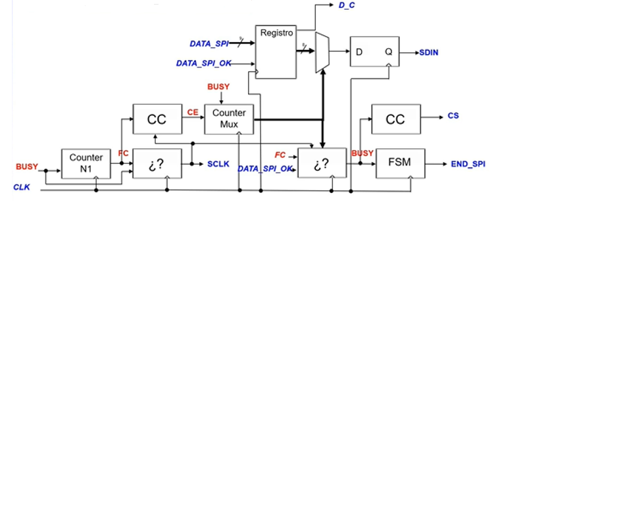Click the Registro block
(x=276, y=52)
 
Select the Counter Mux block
(x=229, y=119)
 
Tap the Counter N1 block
(x=86, y=163)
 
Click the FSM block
(x=400, y=163)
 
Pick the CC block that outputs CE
(x=157, y=119)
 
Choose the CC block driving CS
(x=396, y=119)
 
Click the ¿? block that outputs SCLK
(x=157, y=163)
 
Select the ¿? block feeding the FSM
(x=322, y=163)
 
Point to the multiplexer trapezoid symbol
(x=322, y=53)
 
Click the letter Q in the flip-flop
(x=389, y=52)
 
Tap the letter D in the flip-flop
(x=359, y=52)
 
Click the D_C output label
(x=346, y=5)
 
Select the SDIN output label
(x=429, y=52)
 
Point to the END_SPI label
(x=468, y=164)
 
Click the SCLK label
(x=218, y=164)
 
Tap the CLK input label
(x=22, y=187)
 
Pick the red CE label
(x=193, y=113)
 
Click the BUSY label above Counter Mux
(x=218, y=86)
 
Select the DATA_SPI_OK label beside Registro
(x=204, y=63)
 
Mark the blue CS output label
(x=453, y=116)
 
